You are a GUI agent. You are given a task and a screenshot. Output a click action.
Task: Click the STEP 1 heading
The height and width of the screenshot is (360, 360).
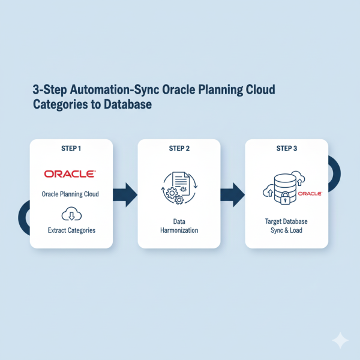pos(71,149)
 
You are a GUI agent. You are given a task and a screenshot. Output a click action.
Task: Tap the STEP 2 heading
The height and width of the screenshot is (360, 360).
pos(179,149)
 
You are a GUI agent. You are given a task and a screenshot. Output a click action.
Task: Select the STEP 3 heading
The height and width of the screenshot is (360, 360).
pos(287,149)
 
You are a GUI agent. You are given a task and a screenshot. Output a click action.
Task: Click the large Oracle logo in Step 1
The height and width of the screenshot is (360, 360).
pos(69,174)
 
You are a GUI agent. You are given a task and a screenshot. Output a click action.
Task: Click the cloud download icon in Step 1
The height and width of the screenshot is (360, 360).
pos(71,214)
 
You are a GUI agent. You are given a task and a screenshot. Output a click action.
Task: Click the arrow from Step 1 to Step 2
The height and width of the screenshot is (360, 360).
pos(125,194)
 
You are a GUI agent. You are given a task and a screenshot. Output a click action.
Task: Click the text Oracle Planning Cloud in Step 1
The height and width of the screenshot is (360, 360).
pos(71,194)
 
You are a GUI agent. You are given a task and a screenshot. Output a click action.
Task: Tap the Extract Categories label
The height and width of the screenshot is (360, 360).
pos(71,230)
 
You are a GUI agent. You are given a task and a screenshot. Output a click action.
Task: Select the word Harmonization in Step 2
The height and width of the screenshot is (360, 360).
pos(179,230)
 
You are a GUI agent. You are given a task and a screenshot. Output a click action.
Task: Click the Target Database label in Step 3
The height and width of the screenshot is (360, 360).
pos(287,221)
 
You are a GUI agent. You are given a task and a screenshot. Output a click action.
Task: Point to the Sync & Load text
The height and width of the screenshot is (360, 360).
pos(287,230)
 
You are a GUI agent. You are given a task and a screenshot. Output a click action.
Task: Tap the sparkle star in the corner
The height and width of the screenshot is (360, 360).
pos(340,340)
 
